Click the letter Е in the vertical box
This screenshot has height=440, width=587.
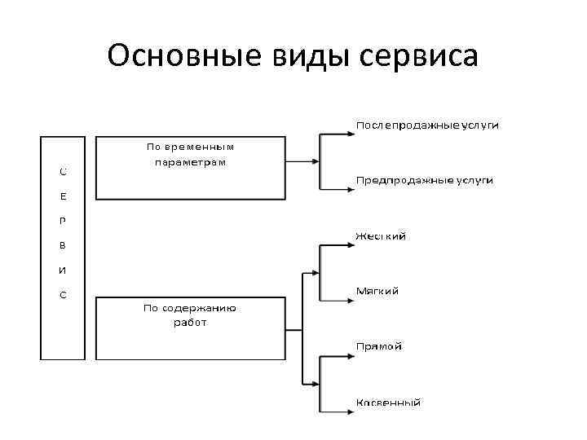pyautogui.click(x=64, y=196)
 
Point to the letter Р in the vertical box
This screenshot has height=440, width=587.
pyautogui.click(x=64, y=221)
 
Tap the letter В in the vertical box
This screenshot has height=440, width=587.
pyautogui.click(x=64, y=245)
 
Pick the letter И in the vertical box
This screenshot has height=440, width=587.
pyautogui.click(x=64, y=270)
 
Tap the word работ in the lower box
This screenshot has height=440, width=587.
pyautogui.click(x=190, y=323)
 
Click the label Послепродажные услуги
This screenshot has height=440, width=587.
pyautogui.click(x=427, y=125)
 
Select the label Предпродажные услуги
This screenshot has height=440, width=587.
pyautogui.click(x=424, y=179)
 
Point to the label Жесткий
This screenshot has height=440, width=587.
pyautogui.click(x=380, y=236)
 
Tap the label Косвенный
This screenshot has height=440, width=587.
pyautogui.click(x=388, y=403)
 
